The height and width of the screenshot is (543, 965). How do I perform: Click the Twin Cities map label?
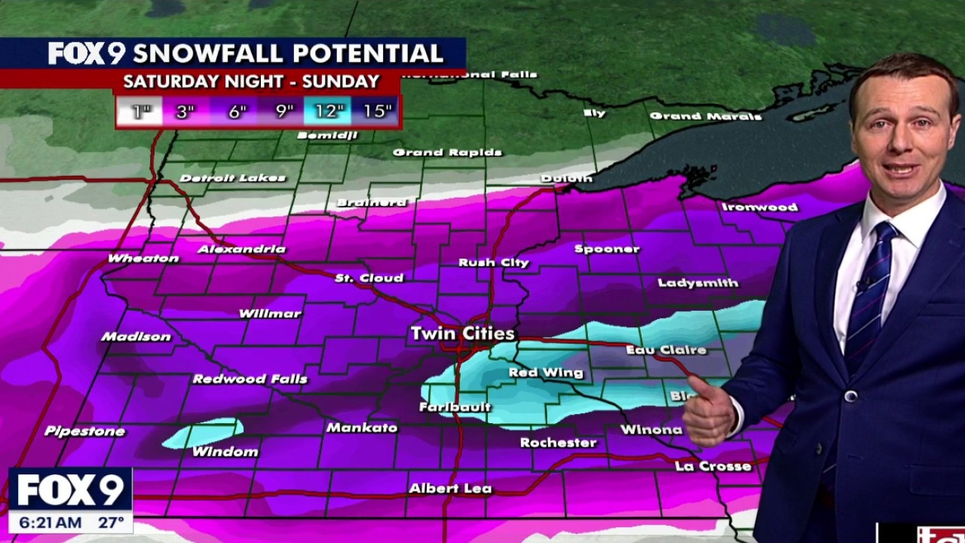(462, 333)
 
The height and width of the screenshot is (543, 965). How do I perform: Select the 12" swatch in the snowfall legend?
(328, 112)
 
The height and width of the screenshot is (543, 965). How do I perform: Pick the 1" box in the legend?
(139, 112)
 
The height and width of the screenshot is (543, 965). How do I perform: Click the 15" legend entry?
(376, 112)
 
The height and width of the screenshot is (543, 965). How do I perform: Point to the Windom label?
(225, 452)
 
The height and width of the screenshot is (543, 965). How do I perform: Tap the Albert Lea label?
(450, 489)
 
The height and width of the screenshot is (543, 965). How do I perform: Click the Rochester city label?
(558, 443)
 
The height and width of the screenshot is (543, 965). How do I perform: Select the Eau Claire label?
(666, 350)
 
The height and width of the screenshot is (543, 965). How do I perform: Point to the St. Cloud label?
(369, 278)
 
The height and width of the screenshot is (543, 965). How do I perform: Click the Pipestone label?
(84, 431)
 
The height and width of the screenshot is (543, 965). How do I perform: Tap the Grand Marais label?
(706, 116)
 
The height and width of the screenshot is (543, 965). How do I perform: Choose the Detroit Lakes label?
(233, 179)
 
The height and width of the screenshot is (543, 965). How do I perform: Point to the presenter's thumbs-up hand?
(708, 411)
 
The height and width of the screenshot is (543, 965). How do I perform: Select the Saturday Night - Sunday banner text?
(251, 81)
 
